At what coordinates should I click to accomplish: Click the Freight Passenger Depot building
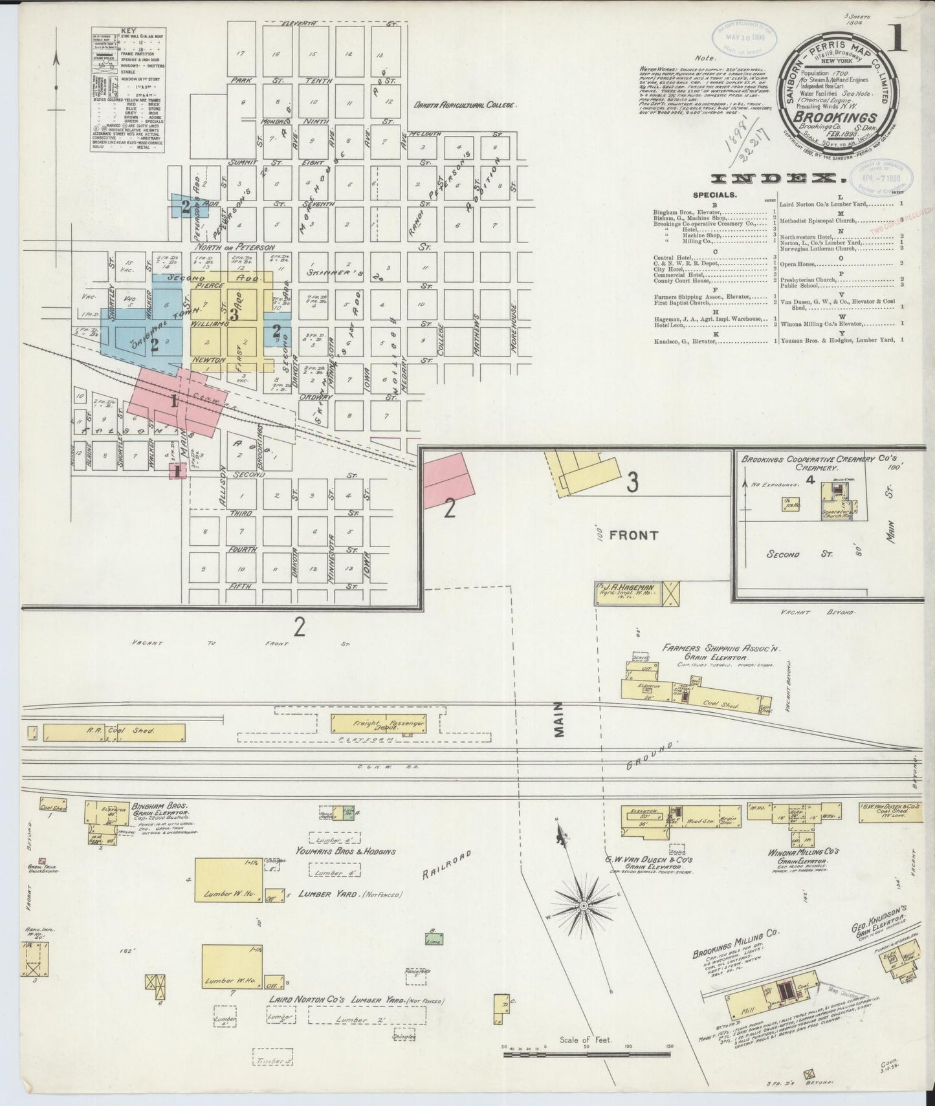379,724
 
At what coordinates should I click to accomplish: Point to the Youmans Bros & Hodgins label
346,852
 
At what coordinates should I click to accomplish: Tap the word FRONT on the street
633,535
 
